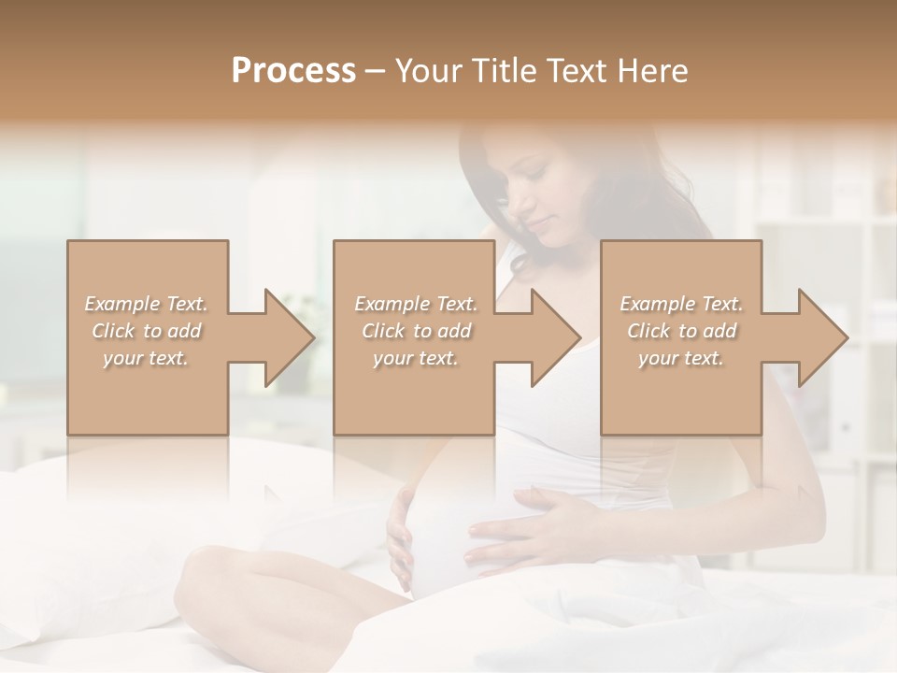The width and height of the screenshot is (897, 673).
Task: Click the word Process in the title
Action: (293, 70)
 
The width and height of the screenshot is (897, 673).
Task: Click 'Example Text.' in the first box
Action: (147, 304)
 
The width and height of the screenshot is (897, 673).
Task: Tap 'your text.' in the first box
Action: (147, 358)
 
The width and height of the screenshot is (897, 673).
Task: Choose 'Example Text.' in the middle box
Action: (416, 304)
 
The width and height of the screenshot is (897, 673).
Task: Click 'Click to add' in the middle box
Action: (416, 331)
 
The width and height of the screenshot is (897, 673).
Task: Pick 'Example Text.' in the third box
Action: (681, 304)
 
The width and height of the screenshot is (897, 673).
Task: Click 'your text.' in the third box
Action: (681, 358)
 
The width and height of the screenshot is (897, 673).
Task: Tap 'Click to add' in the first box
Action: (147, 331)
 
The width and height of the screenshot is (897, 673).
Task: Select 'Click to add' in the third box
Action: (681, 331)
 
